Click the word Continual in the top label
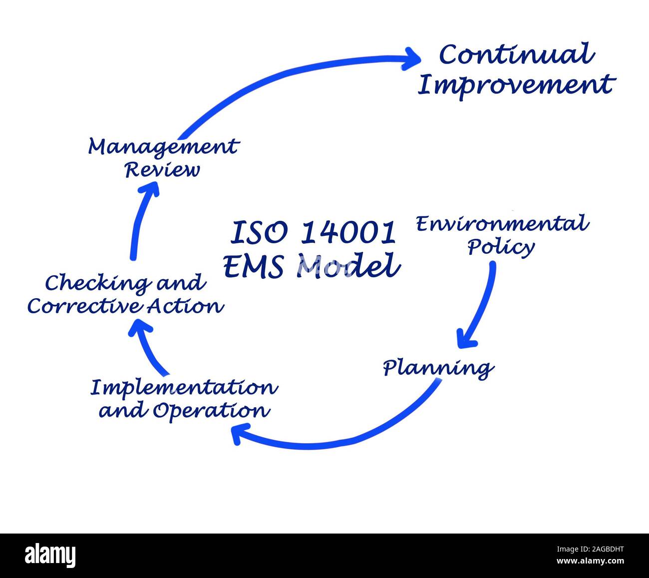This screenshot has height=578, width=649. pos(516,55)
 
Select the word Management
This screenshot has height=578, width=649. pos(163,147)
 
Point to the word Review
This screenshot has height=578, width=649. pos(162,170)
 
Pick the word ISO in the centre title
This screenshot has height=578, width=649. pos(259,232)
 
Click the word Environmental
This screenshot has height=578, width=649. pos(502,224)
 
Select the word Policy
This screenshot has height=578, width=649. pos(501,247)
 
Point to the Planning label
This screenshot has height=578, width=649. pos(438,369)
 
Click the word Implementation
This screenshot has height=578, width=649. pos(184,388)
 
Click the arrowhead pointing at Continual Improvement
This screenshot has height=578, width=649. pos(412,58)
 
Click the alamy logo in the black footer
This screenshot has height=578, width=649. pos(50,556)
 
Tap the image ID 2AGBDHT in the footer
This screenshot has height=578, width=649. pos(591,549)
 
